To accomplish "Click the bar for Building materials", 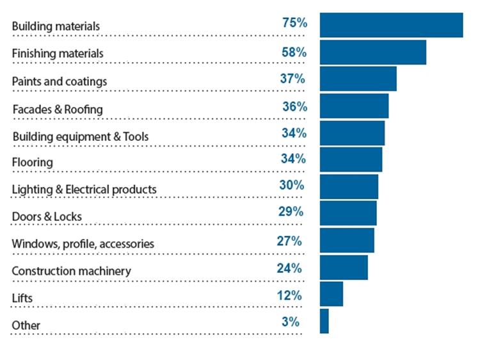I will (391, 25).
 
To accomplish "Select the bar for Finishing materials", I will (372, 52).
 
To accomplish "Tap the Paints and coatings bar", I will (358, 79).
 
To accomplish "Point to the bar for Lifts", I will (331, 294).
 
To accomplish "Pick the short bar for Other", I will (324, 321).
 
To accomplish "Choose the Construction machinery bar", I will (344, 267).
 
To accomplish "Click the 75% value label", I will (294, 23).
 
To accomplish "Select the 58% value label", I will (294, 51).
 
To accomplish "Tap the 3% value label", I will (290, 322).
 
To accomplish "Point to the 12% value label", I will (289, 295).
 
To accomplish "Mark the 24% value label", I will (289, 268).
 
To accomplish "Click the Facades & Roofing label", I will (58, 110).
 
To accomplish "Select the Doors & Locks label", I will (47, 217).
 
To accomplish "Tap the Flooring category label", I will (33, 163).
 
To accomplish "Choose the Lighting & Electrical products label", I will (84, 190).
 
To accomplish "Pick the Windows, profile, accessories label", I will (83, 244).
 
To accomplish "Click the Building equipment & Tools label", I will (81, 137).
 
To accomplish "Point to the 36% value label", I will (294, 107).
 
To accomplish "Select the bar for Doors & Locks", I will (348, 213).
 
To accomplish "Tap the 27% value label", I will (289, 241).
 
